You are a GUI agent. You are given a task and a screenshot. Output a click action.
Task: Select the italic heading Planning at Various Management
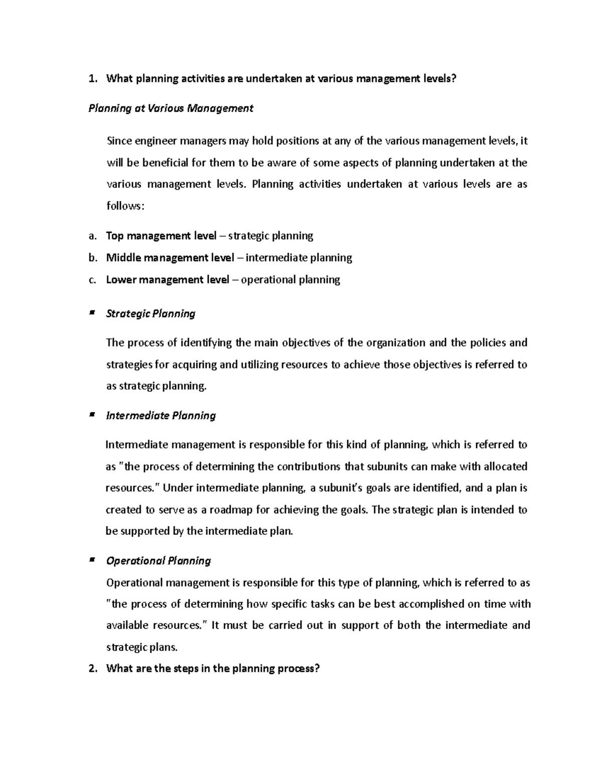tap(171, 108)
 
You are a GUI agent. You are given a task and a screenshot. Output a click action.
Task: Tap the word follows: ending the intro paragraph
tap(125, 206)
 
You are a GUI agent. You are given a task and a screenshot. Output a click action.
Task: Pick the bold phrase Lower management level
tap(168, 279)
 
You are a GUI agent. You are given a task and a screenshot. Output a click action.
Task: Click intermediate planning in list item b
tap(298, 258)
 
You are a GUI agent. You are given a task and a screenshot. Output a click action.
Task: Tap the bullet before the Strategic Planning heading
tap(91, 313)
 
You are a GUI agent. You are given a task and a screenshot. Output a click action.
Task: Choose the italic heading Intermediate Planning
tap(161, 416)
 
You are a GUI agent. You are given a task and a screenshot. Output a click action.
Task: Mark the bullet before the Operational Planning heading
tap(91, 560)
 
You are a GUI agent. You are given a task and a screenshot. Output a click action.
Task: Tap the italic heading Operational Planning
tap(158, 561)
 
